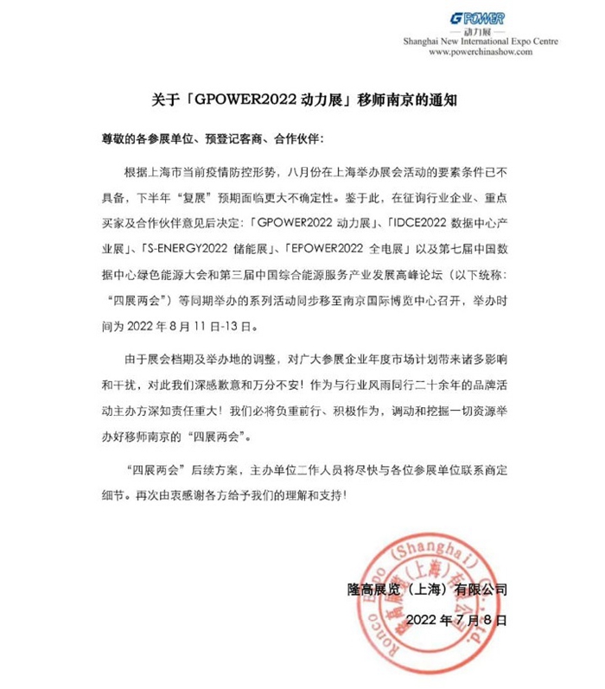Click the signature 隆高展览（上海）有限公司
click(x=421, y=590)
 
